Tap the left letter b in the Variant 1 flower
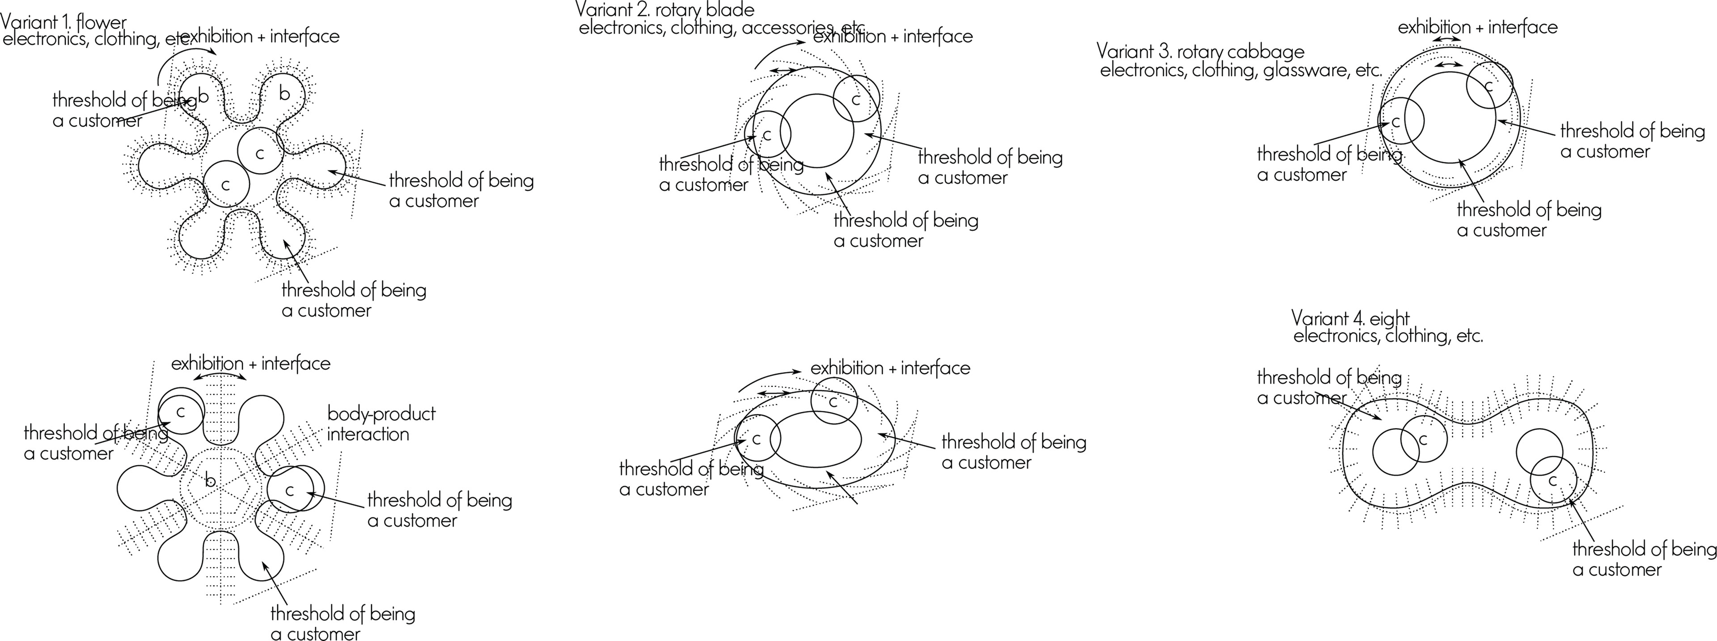pos(203,97)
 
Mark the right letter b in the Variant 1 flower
pos(285,94)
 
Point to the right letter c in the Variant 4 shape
pos(1552,480)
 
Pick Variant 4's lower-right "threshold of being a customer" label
pos(1643,559)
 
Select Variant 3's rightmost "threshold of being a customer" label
pos(1632,141)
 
